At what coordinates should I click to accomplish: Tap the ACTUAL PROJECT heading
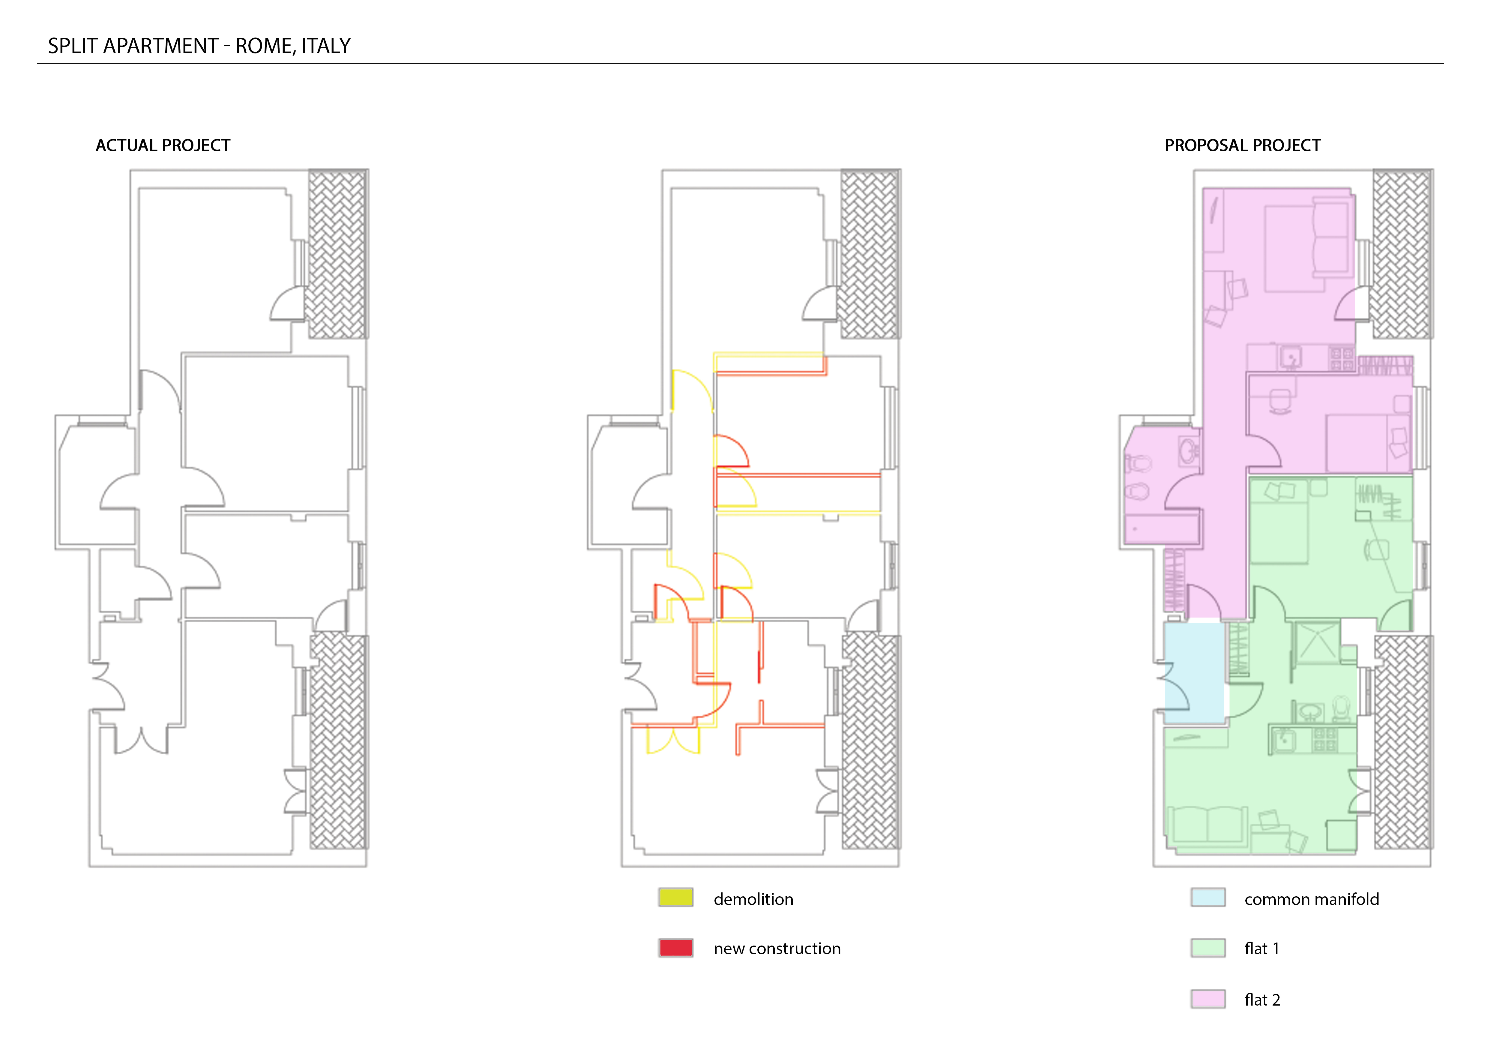pos(163,145)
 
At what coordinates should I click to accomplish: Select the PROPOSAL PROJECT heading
pos(1242,145)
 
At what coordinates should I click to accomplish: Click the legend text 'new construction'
pos(777,949)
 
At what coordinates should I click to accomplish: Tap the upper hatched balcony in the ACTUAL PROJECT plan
pos(337,254)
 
